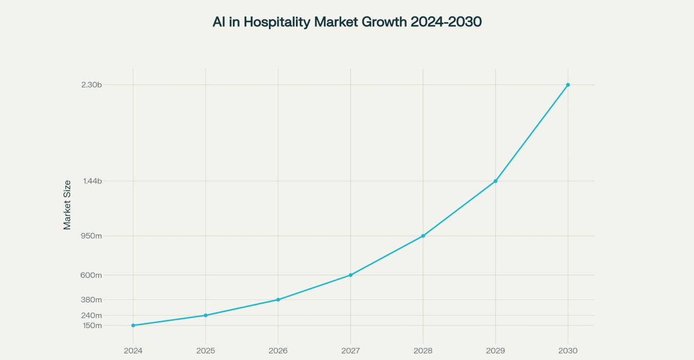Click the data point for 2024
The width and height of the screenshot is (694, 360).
[x=133, y=326]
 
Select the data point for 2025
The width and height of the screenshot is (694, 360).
[x=206, y=315]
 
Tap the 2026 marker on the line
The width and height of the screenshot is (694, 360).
[x=278, y=299]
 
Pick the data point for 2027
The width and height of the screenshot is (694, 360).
[x=351, y=275]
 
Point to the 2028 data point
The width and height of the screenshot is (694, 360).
[x=423, y=236]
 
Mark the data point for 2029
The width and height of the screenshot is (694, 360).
[x=496, y=181]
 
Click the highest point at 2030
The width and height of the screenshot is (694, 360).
[x=568, y=85]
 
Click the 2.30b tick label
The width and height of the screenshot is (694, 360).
[x=92, y=85]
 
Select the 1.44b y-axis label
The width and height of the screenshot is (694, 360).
[x=92, y=181]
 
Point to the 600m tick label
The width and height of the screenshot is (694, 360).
[x=92, y=275]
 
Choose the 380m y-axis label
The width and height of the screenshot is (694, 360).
[x=92, y=300]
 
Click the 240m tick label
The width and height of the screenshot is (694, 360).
[x=92, y=315]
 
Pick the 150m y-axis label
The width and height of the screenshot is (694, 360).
[x=92, y=326]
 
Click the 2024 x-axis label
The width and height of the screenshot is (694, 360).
[x=133, y=351]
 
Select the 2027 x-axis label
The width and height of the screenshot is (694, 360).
[x=351, y=351]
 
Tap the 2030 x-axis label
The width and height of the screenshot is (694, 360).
[x=568, y=351]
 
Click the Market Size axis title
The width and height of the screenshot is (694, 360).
[x=67, y=205]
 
